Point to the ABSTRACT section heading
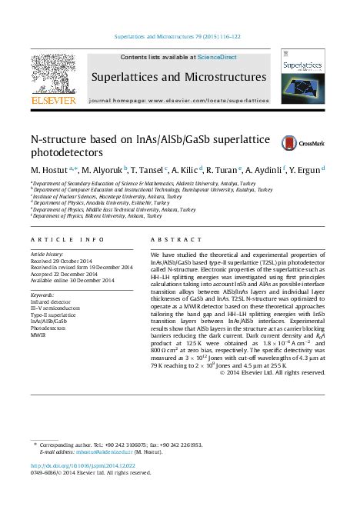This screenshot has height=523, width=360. click(169, 240)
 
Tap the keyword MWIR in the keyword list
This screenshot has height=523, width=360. click(38, 335)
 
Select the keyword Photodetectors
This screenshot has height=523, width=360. click(50, 328)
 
